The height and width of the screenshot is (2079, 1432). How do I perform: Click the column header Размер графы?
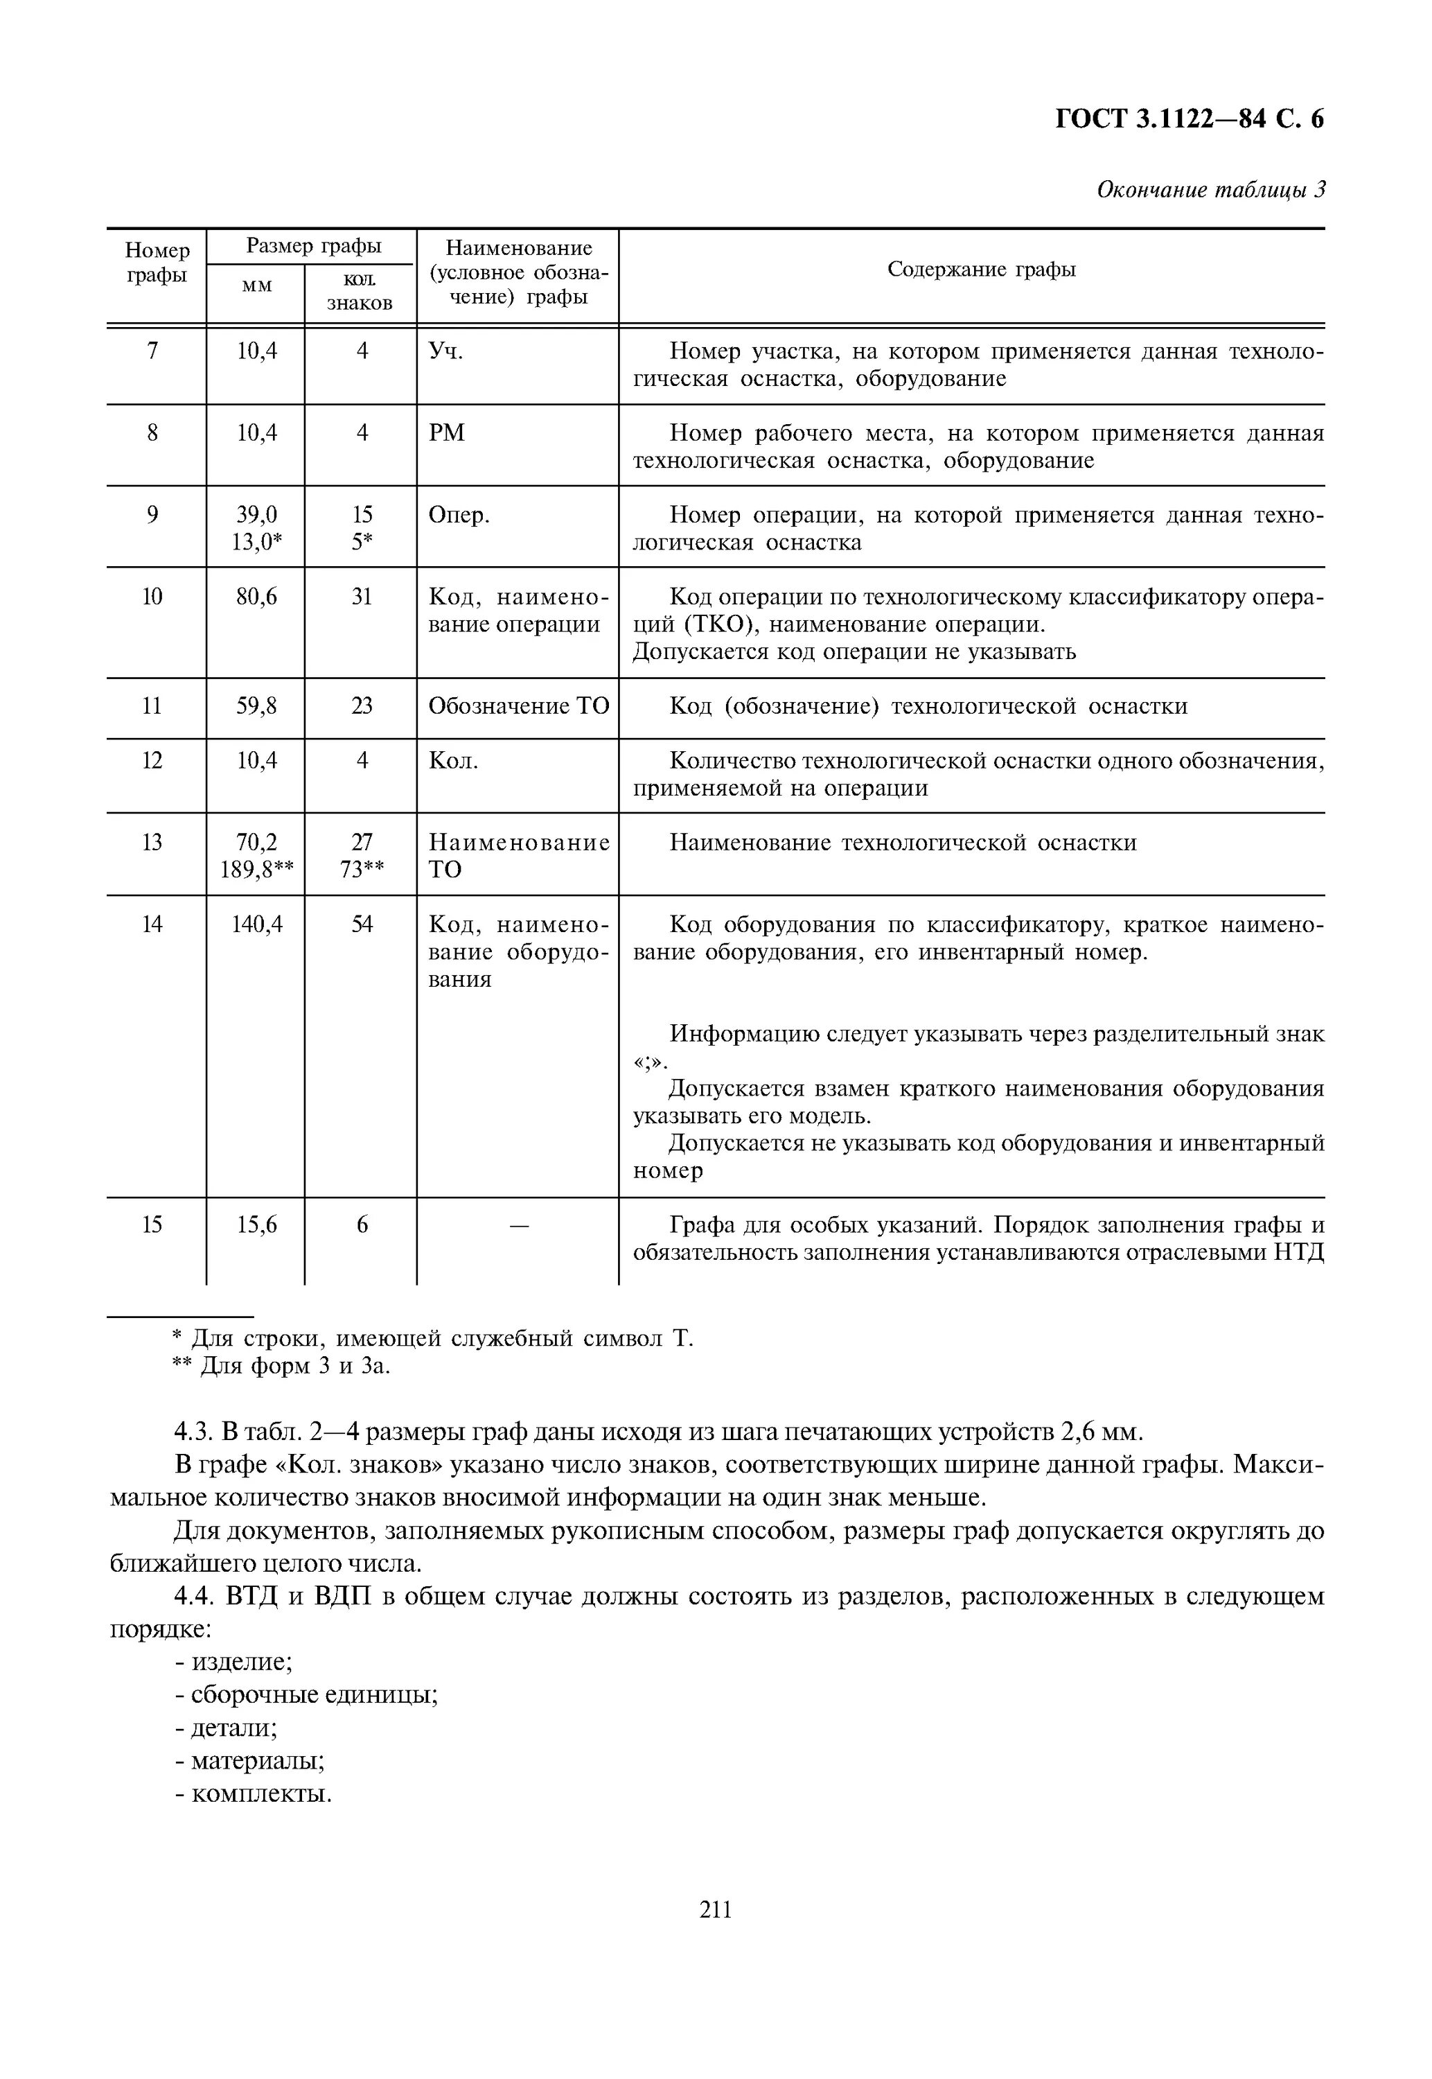point(313,246)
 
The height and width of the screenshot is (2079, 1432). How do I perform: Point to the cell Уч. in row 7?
point(446,351)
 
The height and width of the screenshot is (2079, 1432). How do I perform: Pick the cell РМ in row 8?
point(447,433)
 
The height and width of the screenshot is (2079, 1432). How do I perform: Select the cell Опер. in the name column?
point(459,515)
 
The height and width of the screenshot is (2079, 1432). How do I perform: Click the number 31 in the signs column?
point(362,597)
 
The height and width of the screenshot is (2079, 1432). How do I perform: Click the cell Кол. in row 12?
point(453,761)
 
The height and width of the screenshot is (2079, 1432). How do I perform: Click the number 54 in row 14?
point(362,924)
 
